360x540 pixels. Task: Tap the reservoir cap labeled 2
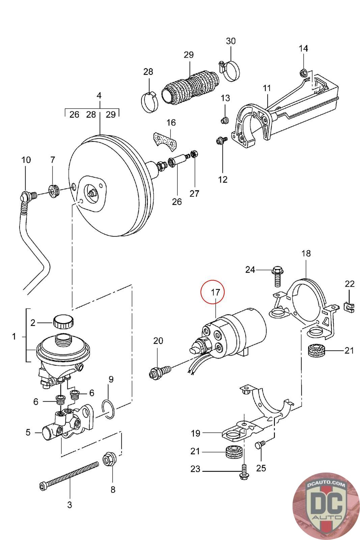pos(64,322)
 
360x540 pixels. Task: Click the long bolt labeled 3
pos(69,476)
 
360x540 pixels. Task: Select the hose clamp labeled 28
pos(149,103)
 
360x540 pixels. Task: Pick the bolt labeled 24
pos(278,276)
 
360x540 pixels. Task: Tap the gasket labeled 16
pos(165,141)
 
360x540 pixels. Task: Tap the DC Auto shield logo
pos(325,505)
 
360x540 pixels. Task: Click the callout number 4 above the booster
pos(99,96)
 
